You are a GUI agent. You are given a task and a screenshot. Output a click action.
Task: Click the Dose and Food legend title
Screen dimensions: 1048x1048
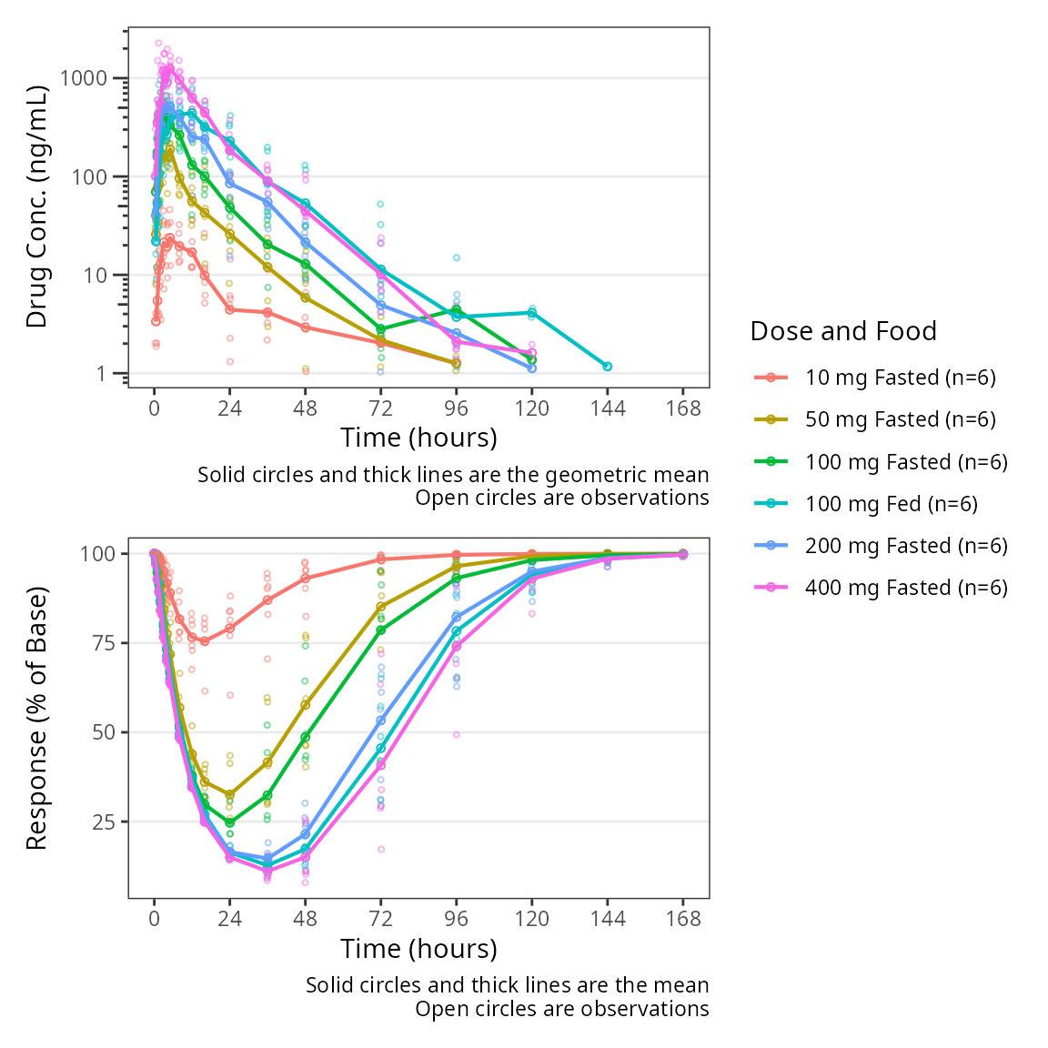[x=843, y=331]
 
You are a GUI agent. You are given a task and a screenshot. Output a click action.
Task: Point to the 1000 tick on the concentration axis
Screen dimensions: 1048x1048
[x=84, y=78]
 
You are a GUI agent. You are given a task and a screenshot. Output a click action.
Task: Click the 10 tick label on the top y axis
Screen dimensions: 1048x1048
[x=96, y=276]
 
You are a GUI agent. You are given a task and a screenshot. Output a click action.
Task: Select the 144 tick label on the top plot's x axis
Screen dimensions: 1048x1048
[x=608, y=408]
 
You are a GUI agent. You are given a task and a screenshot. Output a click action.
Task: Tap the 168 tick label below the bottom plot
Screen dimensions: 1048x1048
[x=683, y=919]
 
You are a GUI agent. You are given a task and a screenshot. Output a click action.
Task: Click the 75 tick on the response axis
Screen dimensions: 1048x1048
[x=98, y=643]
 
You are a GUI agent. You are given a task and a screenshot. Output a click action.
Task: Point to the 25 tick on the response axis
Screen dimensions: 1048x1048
[x=98, y=822]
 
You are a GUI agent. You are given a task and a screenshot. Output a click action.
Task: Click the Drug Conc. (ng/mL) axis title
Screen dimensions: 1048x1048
[x=36, y=207]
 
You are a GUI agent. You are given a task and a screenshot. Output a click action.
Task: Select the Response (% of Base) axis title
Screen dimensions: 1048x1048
[x=36, y=719]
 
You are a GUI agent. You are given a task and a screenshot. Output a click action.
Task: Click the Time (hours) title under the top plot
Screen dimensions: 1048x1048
[x=418, y=438]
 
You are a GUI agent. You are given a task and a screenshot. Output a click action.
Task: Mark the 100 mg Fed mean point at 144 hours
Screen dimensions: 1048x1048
[x=608, y=367]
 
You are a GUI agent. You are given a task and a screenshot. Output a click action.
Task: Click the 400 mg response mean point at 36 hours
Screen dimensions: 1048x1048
[x=267, y=872]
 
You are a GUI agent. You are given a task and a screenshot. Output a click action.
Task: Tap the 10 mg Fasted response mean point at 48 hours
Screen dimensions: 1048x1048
[x=306, y=579]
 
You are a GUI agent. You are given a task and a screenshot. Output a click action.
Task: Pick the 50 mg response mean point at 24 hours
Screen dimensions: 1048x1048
[x=230, y=795]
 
